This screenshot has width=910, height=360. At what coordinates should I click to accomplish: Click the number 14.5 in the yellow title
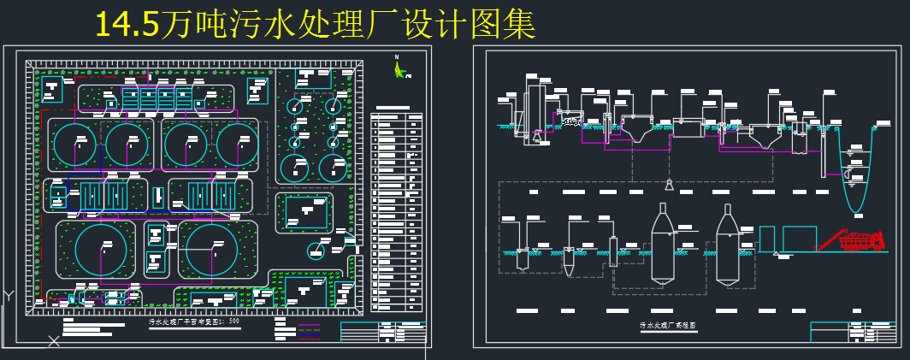[x=127, y=25]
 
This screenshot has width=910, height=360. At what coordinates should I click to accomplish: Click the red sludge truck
[x=860, y=242]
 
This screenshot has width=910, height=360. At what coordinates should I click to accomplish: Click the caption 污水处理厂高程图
[x=668, y=326]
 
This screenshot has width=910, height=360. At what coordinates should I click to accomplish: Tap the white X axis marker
[x=54, y=342]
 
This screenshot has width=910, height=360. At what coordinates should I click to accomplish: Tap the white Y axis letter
[x=8, y=295]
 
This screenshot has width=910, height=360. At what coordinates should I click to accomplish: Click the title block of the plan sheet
[x=382, y=332]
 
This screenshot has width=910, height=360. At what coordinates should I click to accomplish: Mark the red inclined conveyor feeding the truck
[x=830, y=242]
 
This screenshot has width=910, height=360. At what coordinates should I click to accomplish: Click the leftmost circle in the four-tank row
[x=75, y=145]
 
